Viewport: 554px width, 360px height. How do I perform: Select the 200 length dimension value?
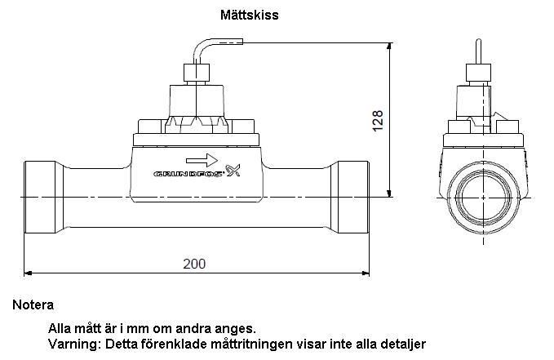click(x=193, y=263)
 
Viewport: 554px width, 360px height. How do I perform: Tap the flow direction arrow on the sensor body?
click(x=202, y=158)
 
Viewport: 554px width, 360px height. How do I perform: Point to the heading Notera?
click(x=33, y=305)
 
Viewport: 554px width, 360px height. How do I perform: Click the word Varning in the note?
click(x=73, y=344)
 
